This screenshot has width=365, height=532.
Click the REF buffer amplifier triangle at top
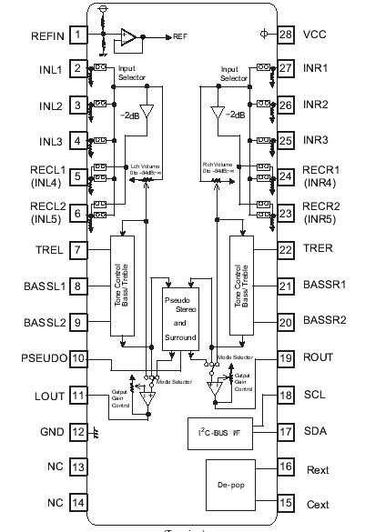point(130,37)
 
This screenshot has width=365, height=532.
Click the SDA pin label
point(315,431)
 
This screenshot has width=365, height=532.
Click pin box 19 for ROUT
point(286,358)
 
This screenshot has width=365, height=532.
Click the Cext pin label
point(316,501)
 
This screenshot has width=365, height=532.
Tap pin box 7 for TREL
point(79,250)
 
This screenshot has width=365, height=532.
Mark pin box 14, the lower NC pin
point(79,501)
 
